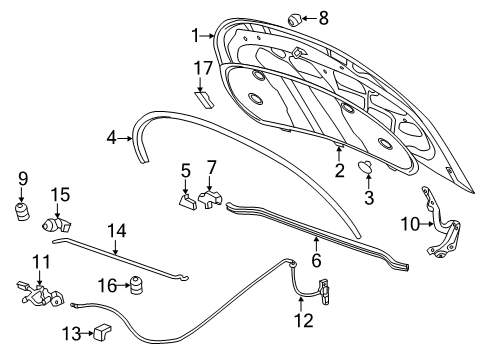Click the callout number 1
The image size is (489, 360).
195,36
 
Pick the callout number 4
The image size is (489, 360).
113,138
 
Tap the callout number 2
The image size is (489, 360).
339,171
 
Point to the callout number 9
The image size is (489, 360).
21,180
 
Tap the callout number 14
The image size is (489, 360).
117,231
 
